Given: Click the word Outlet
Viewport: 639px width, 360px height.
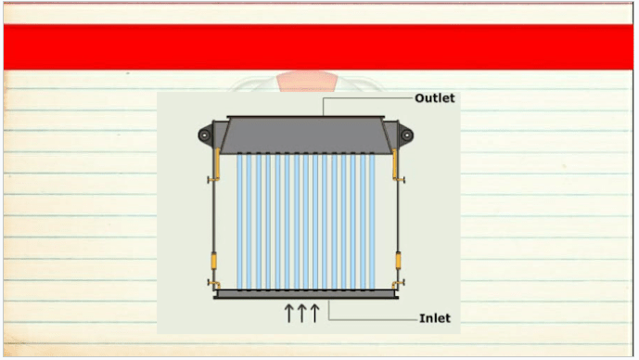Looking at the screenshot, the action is click(x=434, y=98).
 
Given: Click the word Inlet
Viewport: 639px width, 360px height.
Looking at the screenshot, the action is click(x=435, y=318).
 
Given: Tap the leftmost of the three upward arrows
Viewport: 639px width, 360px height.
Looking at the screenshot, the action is click(x=288, y=313).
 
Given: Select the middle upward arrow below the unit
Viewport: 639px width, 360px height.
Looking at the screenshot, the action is click(x=301, y=313).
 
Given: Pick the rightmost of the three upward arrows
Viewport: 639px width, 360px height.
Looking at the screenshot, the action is click(x=314, y=313).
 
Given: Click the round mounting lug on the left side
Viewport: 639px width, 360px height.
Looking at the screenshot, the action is click(x=205, y=135).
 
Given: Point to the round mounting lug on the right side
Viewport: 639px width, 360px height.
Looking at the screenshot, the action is click(x=406, y=135).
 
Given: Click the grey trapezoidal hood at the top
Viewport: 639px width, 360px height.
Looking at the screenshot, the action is click(x=306, y=135).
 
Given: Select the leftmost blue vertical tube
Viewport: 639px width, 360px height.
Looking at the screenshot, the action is click(x=239, y=222).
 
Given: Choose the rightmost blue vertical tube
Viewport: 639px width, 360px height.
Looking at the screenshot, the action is click(x=372, y=222).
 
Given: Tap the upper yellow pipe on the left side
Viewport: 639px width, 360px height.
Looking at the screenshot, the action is click(x=216, y=165).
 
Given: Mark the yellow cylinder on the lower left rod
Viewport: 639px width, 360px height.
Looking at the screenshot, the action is click(x=213, y=261).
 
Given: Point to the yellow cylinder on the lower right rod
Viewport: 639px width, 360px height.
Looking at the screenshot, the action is click(x=398, y=261).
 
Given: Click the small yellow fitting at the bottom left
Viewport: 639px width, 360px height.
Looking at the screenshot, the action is click(x=214, y=284).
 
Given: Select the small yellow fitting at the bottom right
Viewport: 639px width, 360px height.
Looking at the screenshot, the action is click(x=398, y=284).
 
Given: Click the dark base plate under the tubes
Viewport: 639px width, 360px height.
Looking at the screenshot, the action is click(x=306, y=294).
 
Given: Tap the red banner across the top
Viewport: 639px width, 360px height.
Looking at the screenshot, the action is click(x=318, y=47).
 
